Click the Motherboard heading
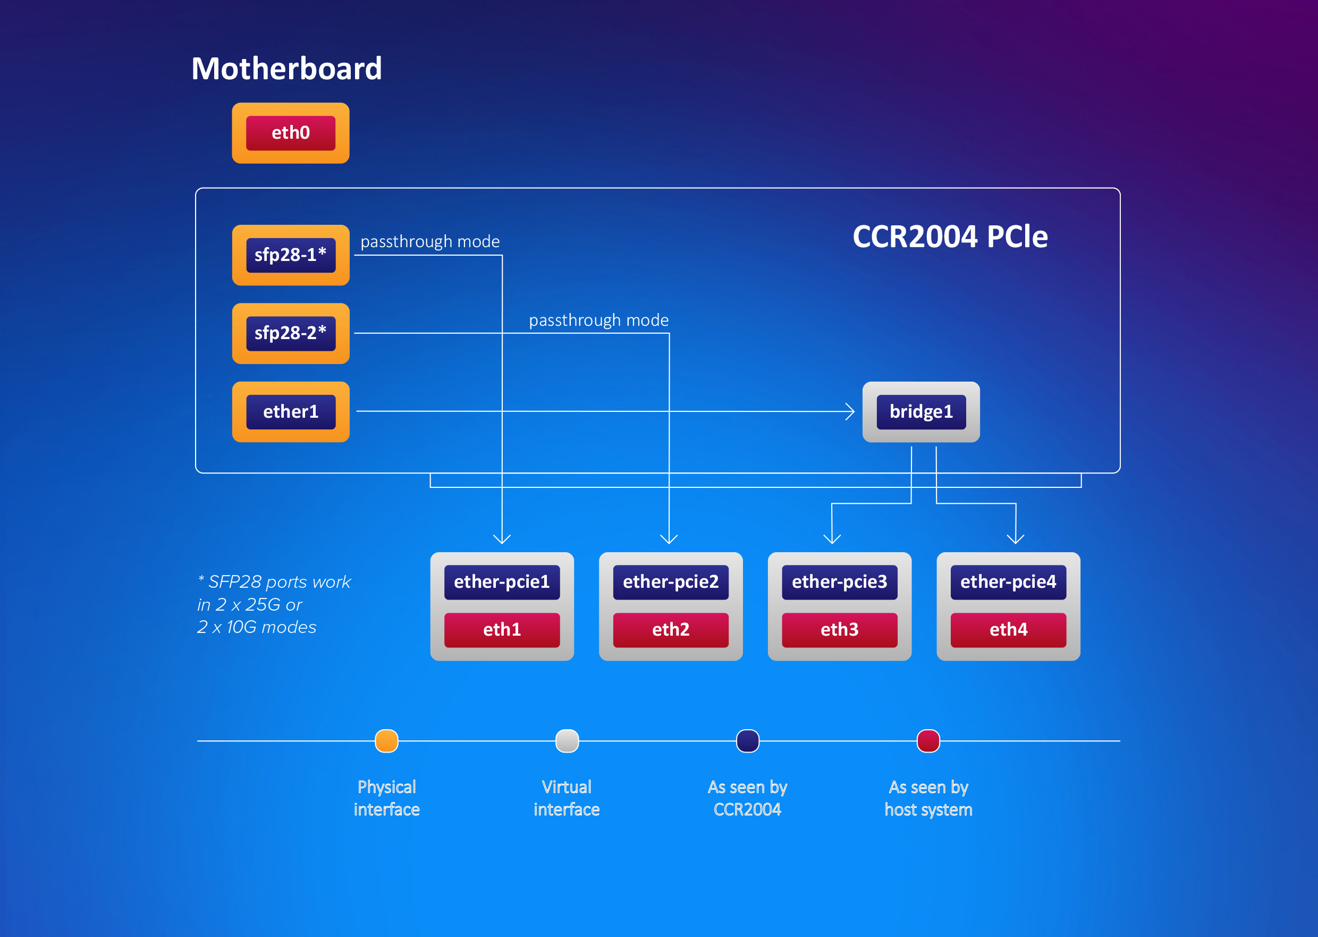[286, 69]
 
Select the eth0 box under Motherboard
[291, 133]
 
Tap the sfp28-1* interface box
[291, 255]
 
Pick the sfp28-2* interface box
[291, 333]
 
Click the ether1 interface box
[291, 412]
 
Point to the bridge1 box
[920, 412]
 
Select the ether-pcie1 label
[502, 581]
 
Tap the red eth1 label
[502, 629]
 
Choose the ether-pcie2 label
[670, 581]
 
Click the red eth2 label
[670, 629]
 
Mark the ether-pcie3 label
[839, 581]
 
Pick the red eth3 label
[839, 629]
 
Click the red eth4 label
[1008, 629]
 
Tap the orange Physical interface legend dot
[386, 741]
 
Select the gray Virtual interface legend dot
[567, 741]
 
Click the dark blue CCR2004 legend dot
[748, 741]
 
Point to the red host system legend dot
[928, 741]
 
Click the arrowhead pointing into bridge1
[850, 411]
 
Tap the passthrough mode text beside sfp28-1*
[430, 241]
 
